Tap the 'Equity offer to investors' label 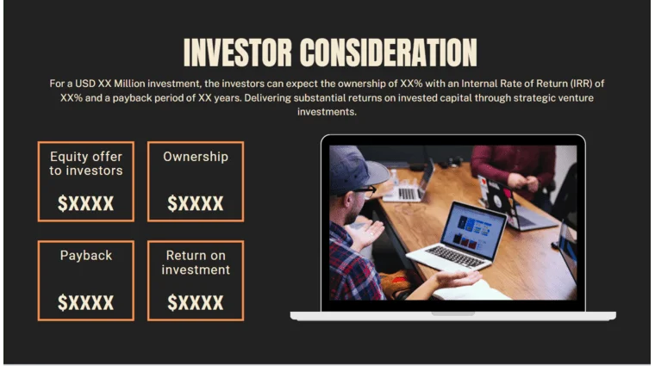pyautogui.click(x=85, y=164)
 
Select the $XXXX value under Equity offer pyautogui.click(x=85, y=204)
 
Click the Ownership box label pyautogui.click(x=196, y=157)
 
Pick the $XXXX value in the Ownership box pyautogui.click(x=196, y=204)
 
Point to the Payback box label pyautogui.click(x=85, y=256)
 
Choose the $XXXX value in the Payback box pyautogui.click(x=85, y=303)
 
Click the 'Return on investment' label pyautogui.click(x=196, y=263)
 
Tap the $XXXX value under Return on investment pyautogui.click(x=196, y=303)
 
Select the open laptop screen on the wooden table pyautogui.click(x=472, y=228)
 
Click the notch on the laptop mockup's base pyautogui.click(x=452, y=313)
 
